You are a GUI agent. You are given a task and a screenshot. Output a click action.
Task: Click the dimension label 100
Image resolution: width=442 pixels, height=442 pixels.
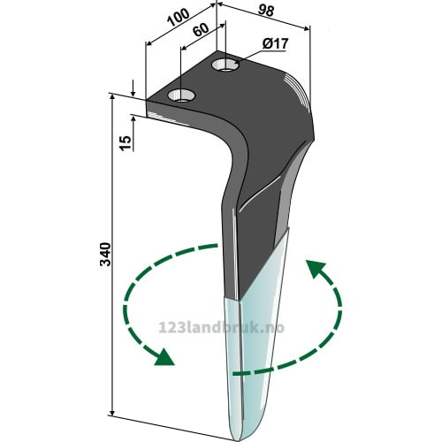(179, 18)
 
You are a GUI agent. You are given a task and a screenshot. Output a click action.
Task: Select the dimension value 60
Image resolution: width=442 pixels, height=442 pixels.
(202, 30)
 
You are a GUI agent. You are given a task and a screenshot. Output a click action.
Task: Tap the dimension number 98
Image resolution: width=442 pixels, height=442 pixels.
(266, 11)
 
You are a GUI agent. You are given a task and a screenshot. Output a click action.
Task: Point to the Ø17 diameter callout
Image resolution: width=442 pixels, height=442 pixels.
(275, 44)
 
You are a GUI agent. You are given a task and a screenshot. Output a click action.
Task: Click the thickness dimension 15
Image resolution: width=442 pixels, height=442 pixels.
(126, 143)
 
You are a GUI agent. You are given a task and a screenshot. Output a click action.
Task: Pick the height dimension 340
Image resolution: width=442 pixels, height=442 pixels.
(105, 255)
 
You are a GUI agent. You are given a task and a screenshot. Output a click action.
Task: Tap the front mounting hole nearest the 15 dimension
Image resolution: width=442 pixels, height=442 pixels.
(181, 95)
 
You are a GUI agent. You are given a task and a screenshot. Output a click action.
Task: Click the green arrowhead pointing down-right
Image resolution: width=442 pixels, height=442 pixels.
(164, 357)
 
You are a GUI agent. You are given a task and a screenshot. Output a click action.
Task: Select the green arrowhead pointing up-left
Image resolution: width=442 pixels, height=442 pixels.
(316, 269)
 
